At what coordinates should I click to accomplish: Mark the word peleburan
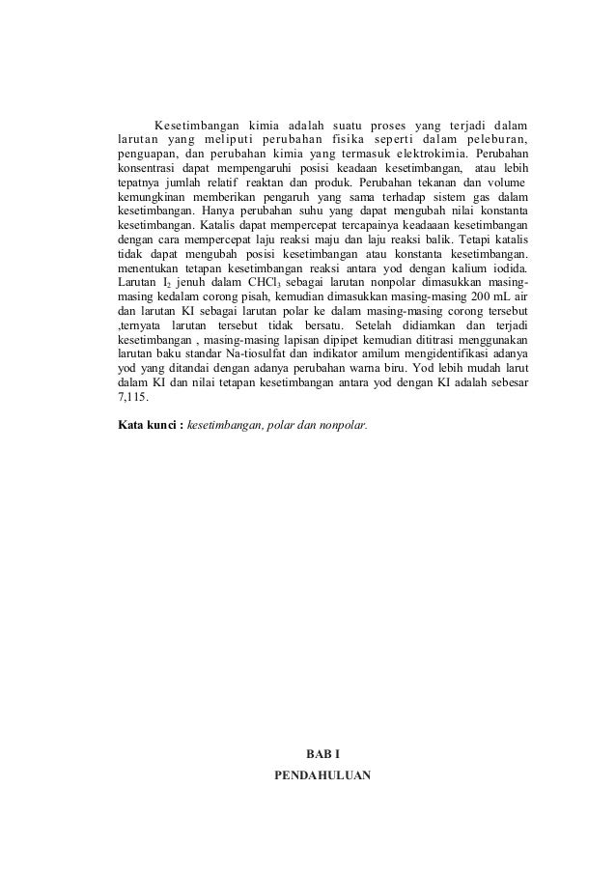coord(493,139)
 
